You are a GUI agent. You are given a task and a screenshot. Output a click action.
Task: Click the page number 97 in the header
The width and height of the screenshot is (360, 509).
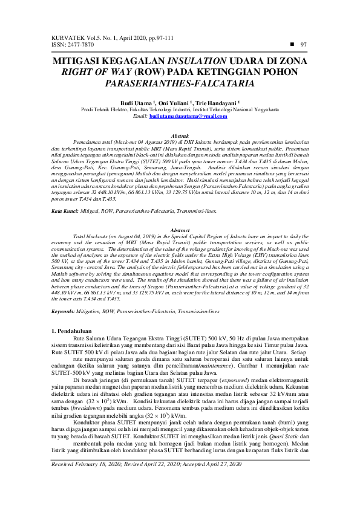pos(304,45)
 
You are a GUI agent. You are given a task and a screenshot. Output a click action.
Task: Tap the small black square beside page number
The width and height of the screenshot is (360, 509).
pos(292,44)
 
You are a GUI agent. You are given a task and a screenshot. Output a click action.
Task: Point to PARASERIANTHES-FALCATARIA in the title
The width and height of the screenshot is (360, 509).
pos(180,83)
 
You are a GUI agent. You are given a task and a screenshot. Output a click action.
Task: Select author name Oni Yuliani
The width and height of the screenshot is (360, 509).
pos(176,103)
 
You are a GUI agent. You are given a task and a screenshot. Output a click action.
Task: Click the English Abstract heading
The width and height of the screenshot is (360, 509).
pos(180,214)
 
